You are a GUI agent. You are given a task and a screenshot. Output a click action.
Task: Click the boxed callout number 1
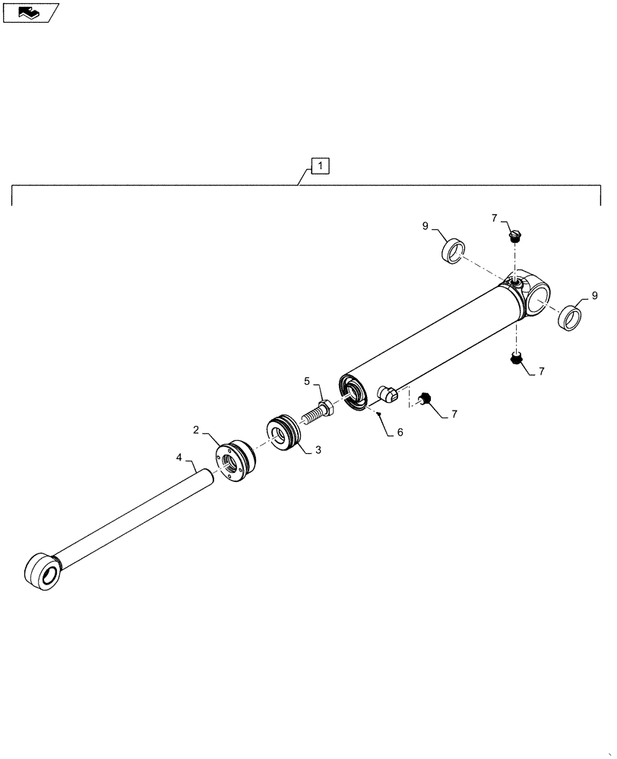click(x=320, y=165)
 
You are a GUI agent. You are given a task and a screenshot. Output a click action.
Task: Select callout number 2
click(x=196, y=430)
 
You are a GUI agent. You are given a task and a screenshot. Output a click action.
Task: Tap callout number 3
click(x=318, y=450)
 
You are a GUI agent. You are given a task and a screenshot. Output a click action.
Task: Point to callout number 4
click(x=179, y=457)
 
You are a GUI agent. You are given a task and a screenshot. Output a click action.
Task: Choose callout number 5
click(x=308, y=380)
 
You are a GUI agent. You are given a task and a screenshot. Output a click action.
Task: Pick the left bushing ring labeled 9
click(x=454, y=250)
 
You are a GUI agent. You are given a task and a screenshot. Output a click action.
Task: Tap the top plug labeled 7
click(x=516, y=236)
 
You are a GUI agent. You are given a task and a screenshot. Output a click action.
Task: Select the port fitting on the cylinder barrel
click(x=388, y=395)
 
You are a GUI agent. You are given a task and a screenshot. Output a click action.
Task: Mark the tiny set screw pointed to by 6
click(x=378, y=414)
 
